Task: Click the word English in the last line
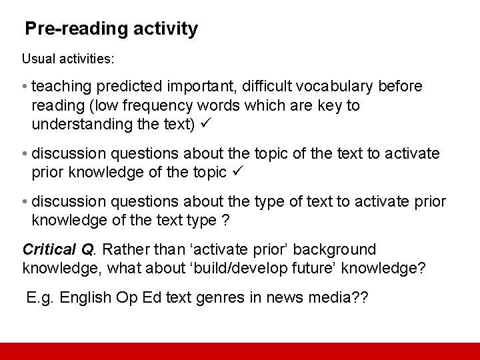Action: (x=83, y=297)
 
